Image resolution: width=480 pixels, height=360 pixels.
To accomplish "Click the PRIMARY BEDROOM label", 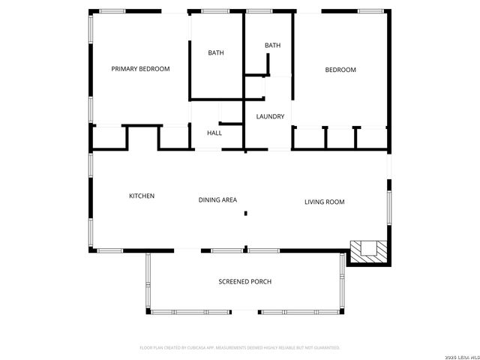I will pos(140,69).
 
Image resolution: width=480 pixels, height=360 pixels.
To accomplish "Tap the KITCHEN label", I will pos(142,196).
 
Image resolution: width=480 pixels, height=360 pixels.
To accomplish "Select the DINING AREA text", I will pos(217,199).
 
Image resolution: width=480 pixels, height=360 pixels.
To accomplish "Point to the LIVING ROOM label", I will pos(324,202).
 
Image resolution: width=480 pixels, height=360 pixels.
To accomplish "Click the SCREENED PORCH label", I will pos(244,282).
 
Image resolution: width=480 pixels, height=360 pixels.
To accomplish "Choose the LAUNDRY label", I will pos(270,116).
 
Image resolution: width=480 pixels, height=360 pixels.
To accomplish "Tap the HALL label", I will pos(214,133).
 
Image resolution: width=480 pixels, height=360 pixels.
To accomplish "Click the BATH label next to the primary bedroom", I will pos(216,52).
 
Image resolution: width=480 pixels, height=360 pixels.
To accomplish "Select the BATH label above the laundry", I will pos(272,46).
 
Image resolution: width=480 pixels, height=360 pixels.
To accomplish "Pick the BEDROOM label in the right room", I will pos(340,70).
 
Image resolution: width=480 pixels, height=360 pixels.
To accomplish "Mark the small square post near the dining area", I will pos(245,214).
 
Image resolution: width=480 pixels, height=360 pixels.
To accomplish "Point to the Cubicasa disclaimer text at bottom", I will pos(240,347).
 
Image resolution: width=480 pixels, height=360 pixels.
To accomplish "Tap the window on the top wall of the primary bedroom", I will pos(112,11).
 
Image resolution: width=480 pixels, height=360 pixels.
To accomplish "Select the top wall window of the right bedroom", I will pos(370,11).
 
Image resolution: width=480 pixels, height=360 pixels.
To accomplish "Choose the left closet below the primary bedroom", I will pos(109,138).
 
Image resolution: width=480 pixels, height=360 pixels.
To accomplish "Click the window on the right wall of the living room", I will pos(388,206).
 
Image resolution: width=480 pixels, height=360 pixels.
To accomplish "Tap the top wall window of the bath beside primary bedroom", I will pos(216,11).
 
